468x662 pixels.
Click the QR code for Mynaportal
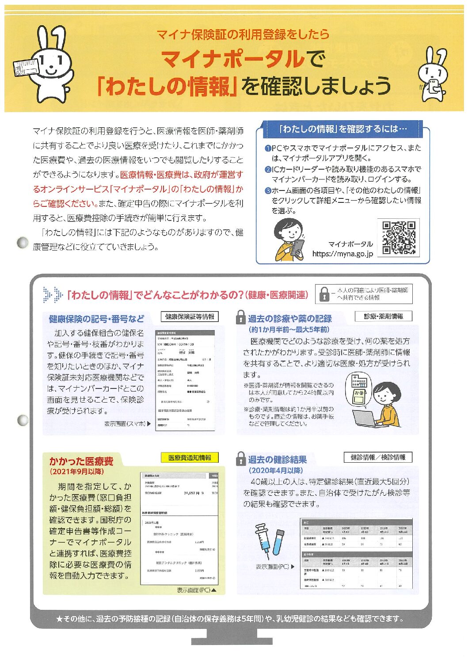click(x=399, y=238)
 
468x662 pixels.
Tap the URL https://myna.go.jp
click(x=342, y=254)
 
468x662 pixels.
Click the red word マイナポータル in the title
click(x=233, y=59)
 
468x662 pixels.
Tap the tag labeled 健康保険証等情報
click(x=190, y=316)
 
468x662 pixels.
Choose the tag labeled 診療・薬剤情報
click(x=383, y=316)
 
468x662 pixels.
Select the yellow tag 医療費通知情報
click(x=190, y=458)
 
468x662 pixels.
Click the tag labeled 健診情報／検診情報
click(x=378, y=457)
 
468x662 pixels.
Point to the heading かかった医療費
click(x=81, y=461)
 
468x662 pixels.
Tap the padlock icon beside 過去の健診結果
click(x=240, y=459)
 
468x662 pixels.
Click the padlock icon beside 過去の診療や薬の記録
click(x=240, y=317)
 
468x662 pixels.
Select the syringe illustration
click(x=263, y=540)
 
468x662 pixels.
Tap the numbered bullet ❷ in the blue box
click(x=268, y=169)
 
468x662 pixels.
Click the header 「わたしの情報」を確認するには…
click(x=342, y=129)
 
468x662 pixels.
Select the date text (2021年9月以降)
click(x=77, y=472)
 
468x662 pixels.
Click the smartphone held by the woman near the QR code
click(x=297, y=247)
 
